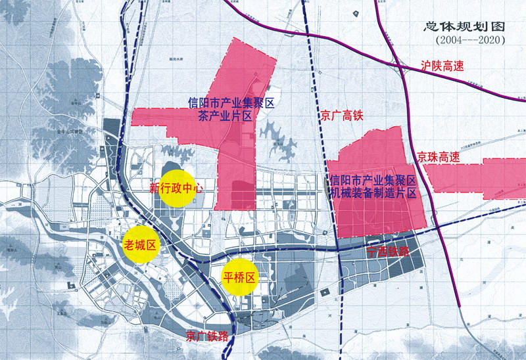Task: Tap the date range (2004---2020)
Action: point(469,41)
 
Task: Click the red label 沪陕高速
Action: point(444,66)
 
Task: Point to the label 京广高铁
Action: point(342,116)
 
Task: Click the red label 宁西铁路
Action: point(387,252)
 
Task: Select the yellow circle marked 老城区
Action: point(140,246)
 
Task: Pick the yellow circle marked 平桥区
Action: point(239,277)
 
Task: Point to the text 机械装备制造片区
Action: point(373,192)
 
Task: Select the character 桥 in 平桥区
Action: point(239,277)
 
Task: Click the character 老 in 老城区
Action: point(130,246)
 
